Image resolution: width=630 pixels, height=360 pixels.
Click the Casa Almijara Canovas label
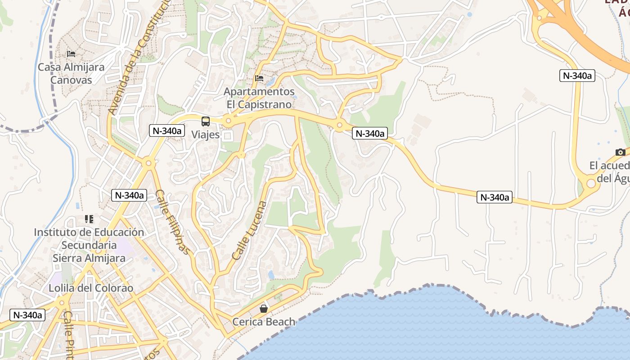(x=71, y=73)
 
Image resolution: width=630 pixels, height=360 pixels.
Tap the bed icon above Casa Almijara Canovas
(x=71, y=54)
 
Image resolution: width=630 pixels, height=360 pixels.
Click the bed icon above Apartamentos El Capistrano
(x=259, y=78)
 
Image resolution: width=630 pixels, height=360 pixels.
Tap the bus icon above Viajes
(x=206, y=121)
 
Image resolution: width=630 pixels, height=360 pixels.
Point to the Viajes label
(x=206, y=134)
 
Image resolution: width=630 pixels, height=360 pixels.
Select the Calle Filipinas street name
(x=173, y=222)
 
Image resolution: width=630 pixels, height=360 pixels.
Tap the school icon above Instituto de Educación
(x=89, y=219)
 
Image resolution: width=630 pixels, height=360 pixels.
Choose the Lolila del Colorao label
(x=91, y=288)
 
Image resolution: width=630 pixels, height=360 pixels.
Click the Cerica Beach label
(x=264, y=322)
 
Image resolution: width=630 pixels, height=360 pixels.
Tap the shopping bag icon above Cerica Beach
(x=264, y=309)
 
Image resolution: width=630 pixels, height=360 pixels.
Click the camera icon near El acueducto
(x=621, y=152)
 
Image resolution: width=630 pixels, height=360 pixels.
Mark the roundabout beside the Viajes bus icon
(x=229, y=121)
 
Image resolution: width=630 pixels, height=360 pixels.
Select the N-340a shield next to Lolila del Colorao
(x=28, y=315)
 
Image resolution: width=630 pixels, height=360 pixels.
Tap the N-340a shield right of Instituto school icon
(x=130, y=195)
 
